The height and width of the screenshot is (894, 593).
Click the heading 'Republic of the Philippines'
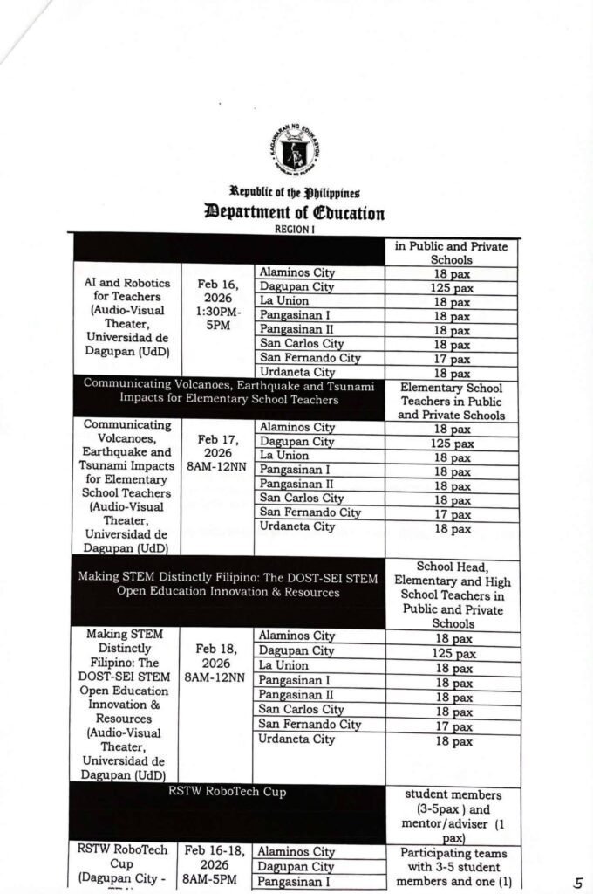coord(295,192)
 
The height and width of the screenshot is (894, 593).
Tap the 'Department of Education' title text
coord(295,212)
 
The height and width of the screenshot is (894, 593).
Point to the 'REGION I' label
coord(294,228)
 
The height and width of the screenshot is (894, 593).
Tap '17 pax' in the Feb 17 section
coord(452,513)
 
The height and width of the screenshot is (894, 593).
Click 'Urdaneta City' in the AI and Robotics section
coord(297,372)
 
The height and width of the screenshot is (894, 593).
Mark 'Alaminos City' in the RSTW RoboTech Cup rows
coord(296,851)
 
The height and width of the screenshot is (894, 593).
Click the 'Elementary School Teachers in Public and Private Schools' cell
coord(452,401)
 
